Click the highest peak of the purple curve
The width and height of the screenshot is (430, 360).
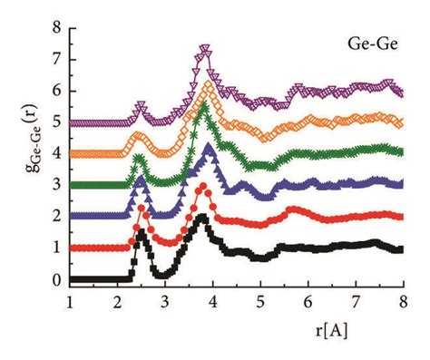tap(204, 50)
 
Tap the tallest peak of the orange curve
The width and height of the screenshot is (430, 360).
tap(209, 85)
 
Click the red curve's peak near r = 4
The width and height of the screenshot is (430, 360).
tap(202, 187)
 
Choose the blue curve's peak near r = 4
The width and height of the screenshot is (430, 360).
tap(210, 147)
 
